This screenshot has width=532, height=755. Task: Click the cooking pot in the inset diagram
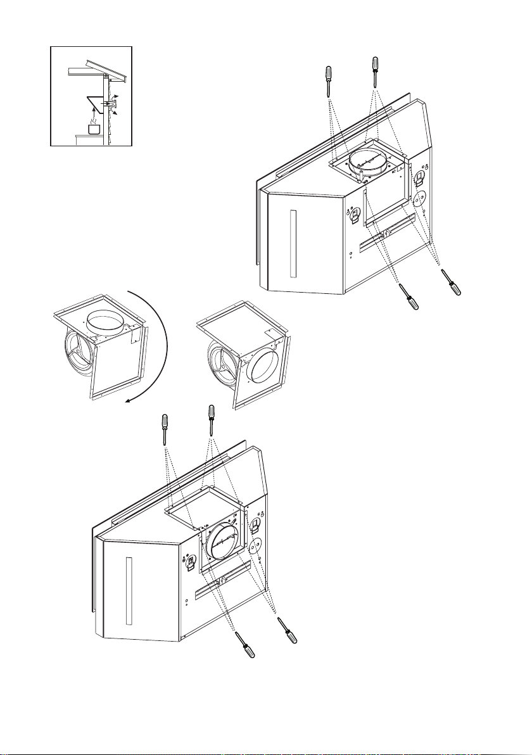[x=94, y=129]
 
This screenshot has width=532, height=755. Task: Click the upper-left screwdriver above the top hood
[x=328, y=80]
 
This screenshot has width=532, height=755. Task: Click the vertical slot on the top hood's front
[x=291, y=243]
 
